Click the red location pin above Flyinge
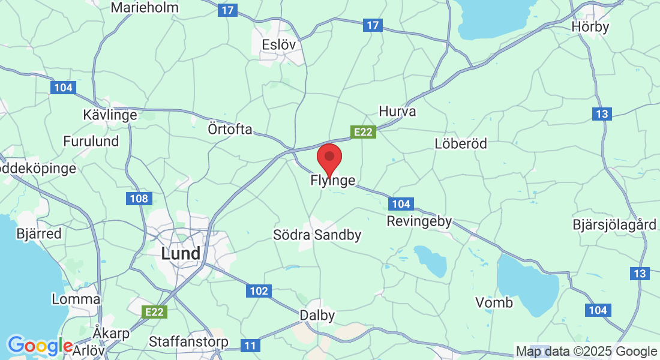[329, 158]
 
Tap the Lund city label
[181, 254]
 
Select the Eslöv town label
[280, 44]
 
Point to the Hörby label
[590, 27]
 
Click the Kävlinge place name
[110, 114]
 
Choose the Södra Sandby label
[317, 235]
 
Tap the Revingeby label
[419, 221]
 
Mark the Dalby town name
[317, 315]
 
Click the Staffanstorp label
[188, 342]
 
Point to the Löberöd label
[461, 143]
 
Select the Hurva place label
[397, 112]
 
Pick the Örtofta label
[230, 130]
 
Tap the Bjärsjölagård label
[614, 225]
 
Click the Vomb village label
[494, 302]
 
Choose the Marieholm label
[145, 8]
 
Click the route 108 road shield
[139, 198]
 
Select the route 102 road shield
[259, 291]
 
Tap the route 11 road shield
[250, 345]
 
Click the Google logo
[40, 346]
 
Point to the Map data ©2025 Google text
[586, 352]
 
